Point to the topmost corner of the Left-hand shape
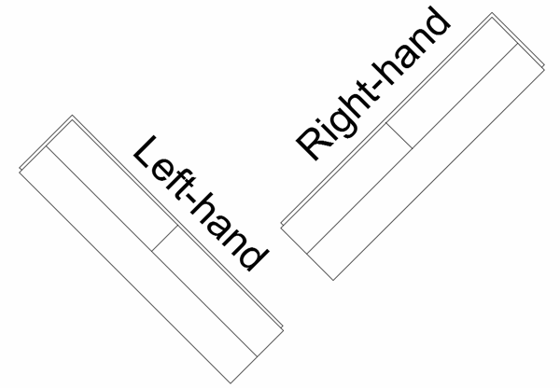(73, 116)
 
